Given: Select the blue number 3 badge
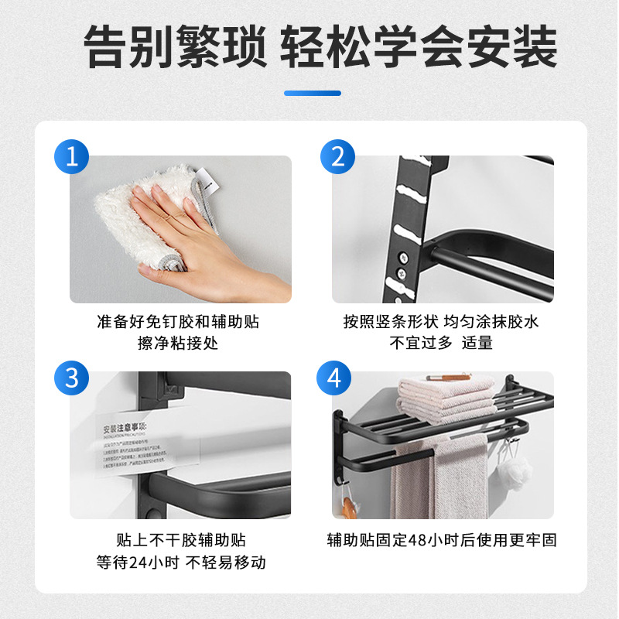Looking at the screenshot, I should (x=72, y=378).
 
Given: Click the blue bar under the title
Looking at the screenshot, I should (x=312, y=93).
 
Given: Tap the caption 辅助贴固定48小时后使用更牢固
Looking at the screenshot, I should (x=442, y=540).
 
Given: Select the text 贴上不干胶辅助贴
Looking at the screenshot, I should (x=181, y=540).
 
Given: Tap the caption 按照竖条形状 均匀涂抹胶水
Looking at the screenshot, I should (x=442, y=321).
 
